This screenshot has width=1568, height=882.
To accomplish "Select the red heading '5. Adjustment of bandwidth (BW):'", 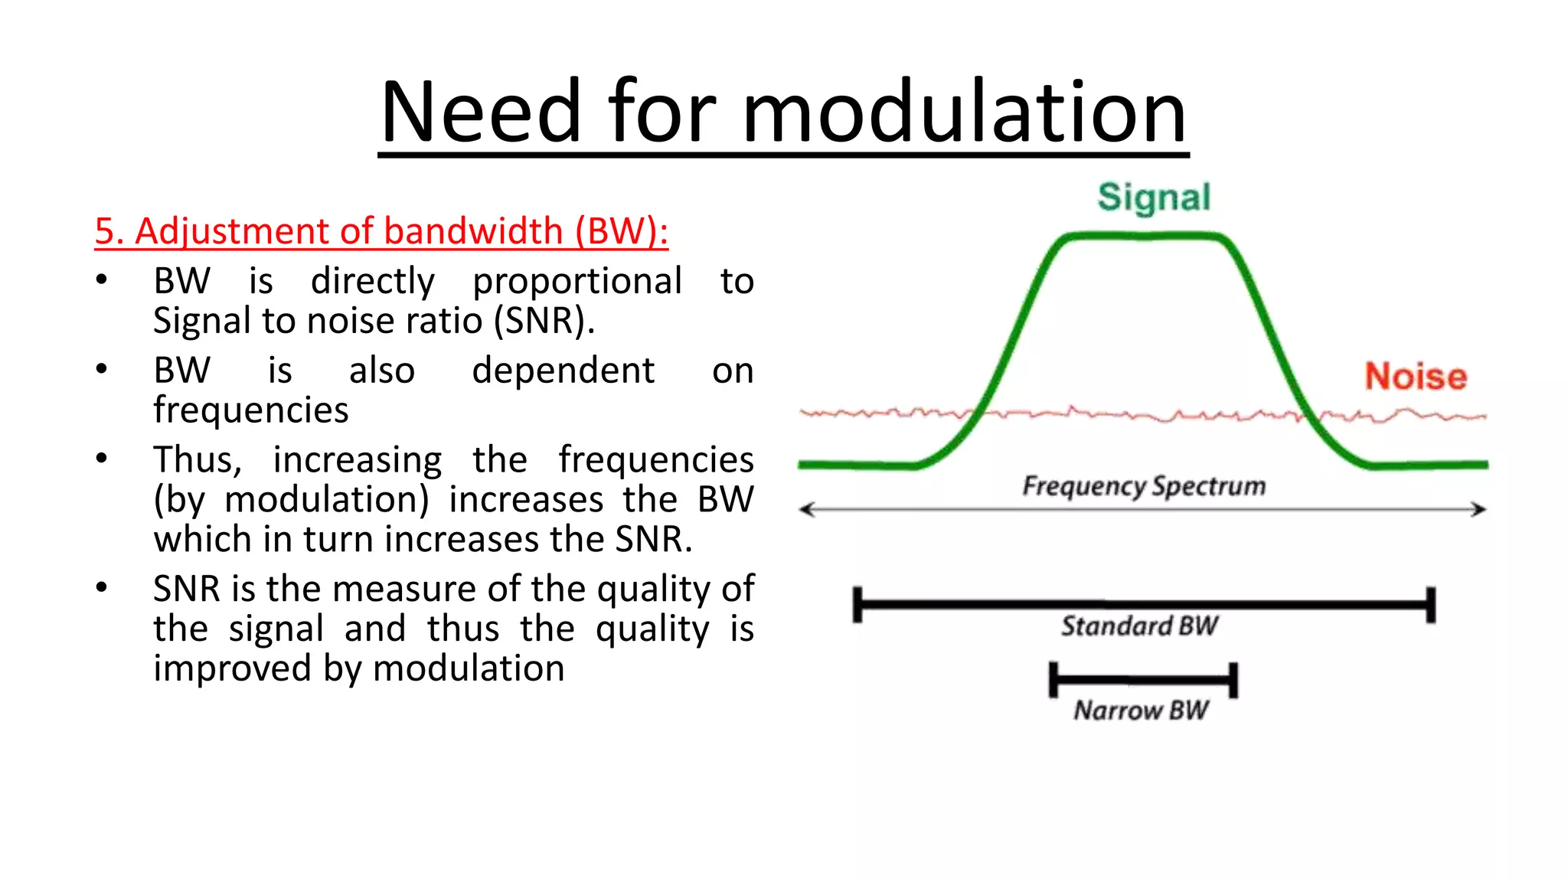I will coord(381,231).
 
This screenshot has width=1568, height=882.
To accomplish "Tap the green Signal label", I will coord(1154,198).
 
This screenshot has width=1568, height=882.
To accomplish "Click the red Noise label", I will coord(1416,377).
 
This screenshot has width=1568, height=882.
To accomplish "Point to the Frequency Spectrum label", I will coord(1144,486).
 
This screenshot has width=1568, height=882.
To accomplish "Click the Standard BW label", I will coord(1139,626).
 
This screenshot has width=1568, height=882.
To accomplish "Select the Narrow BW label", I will coord(1141,710).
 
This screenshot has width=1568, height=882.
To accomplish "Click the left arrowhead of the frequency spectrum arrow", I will coord(805,509).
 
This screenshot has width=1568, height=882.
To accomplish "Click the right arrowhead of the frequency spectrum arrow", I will coord(1479,509).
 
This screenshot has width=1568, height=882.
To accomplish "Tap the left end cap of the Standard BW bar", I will coord(857,605).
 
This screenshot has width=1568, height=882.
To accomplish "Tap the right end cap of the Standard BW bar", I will coord(1430,605).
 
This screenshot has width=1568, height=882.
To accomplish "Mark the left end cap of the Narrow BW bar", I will coord(1053,680).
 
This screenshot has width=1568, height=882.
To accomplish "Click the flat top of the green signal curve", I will coord(1144,237).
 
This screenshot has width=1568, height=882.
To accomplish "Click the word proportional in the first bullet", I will coord(577,282).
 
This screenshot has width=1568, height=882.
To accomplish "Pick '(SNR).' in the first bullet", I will coord(544,321).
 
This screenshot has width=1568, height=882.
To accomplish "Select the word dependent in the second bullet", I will coord(563,371).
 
